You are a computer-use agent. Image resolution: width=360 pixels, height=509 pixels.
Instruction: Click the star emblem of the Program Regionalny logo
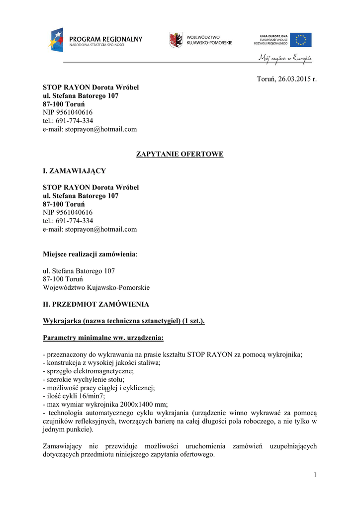tap(56, 39)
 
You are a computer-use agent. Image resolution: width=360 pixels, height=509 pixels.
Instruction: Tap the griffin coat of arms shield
tap(176, 40)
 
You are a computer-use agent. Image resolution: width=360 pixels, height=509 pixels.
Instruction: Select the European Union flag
tap(301, 40)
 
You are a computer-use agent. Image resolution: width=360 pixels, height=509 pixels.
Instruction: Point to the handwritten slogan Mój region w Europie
tap(285, 59)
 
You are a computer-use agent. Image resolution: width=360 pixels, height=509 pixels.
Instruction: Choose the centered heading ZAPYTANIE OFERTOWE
tap(180, 154)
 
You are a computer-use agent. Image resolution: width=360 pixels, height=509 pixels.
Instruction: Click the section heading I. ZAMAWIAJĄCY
tap(74, 171)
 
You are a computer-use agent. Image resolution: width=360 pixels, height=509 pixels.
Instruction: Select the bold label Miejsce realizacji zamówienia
tap(90, 254)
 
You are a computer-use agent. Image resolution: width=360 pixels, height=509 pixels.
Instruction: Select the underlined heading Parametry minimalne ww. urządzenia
tap(103, 338)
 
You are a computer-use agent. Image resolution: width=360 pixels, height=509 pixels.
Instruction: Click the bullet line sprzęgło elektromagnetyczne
tap(89, 371)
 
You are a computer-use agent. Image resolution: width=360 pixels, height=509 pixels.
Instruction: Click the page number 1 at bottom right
tap(315, 475)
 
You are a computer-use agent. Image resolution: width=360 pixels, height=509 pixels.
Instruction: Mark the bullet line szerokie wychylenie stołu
tap(84, 379)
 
